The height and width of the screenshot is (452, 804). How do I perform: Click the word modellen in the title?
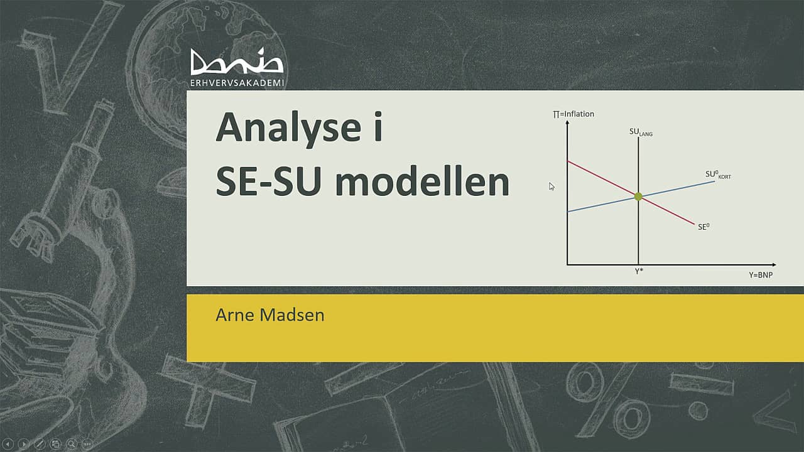point(421,182)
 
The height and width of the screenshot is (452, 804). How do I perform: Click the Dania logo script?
point(237,63)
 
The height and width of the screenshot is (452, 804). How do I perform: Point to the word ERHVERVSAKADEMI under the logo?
point(237,83)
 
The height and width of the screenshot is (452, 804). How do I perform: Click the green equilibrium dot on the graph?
point(638,196)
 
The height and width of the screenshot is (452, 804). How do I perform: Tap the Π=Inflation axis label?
point(573,114)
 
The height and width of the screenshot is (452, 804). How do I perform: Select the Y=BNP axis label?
point(760,275)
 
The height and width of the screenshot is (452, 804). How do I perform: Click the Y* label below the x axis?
point(639,271)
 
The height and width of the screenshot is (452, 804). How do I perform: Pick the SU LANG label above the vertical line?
point(640,132)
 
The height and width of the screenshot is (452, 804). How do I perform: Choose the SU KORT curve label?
point(717,174)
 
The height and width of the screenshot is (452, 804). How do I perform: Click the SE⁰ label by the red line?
point(703,227)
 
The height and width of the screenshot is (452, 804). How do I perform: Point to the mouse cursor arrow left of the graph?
point(551,186)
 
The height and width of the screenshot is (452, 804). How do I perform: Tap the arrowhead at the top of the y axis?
point(567,122)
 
